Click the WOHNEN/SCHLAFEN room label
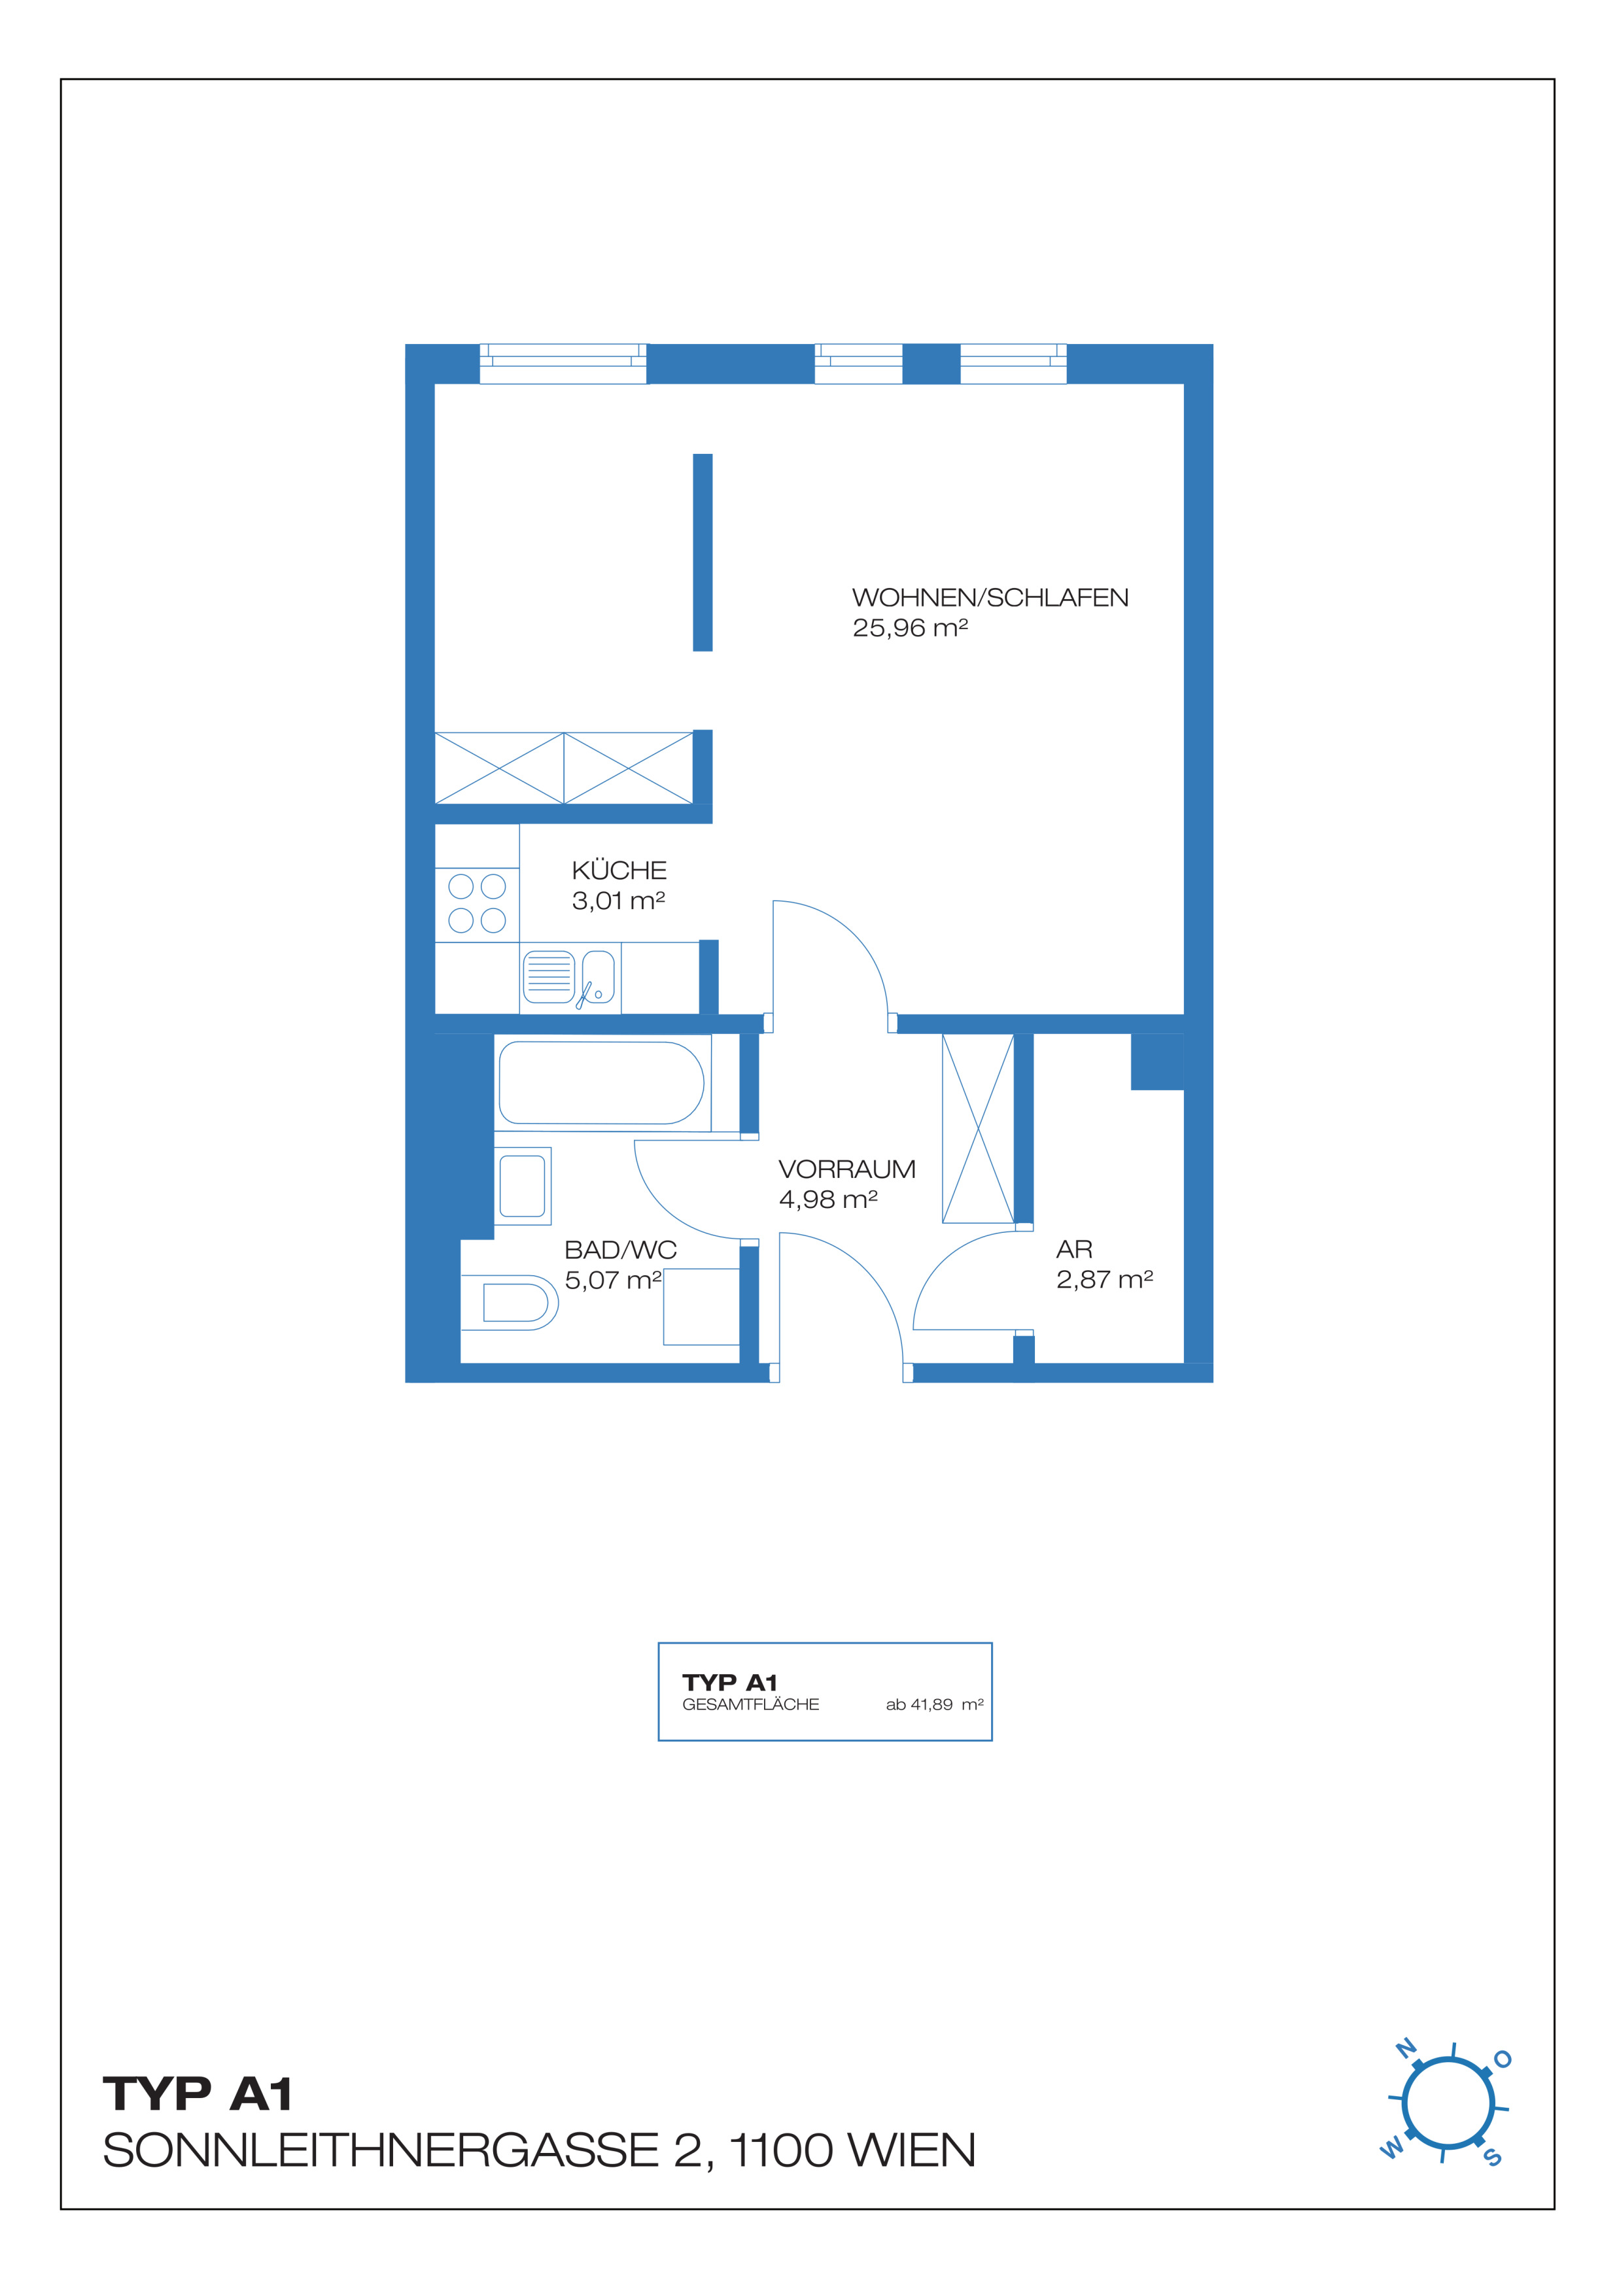(990, 598)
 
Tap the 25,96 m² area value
(910, 628)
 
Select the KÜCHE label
(619, 870)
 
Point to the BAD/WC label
(620, 1250)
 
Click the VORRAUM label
(846, 1169)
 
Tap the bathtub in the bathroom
(601, 1082)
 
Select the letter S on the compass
(1493, 2156)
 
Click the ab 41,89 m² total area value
(934, 1705)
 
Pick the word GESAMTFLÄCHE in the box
(751, 1705)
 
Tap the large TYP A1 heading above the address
(198, 2095)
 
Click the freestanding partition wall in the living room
(703, 553)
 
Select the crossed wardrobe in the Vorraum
(978, 1129)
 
